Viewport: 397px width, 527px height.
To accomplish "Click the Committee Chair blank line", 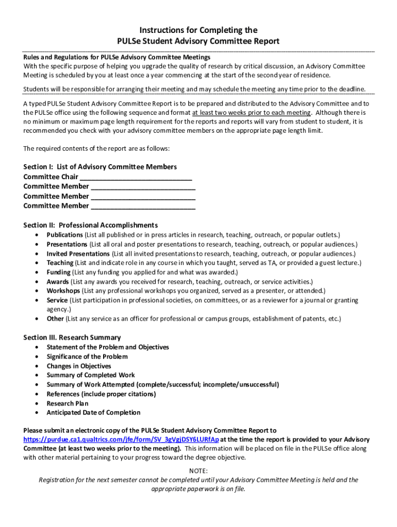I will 136,177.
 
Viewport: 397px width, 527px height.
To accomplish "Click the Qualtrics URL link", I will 121,440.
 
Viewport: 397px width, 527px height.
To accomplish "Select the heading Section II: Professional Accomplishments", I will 90,225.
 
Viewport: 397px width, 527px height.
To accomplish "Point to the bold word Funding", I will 58,272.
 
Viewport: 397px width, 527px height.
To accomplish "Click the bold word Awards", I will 57,282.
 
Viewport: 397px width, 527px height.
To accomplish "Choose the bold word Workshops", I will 62,291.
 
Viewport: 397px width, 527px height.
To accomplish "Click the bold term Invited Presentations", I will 78,254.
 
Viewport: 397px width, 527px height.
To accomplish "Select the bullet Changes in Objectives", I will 78,366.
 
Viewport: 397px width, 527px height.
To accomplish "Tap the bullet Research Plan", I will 67,403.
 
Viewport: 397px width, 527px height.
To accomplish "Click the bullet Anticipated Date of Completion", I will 93,413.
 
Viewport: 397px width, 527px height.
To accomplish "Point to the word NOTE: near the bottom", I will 198,471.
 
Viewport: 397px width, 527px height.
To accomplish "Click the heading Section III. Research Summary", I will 72,338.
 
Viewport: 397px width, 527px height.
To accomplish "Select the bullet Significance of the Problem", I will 87,357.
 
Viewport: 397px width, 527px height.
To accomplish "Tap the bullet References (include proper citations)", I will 101,394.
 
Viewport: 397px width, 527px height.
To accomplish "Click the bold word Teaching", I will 60,263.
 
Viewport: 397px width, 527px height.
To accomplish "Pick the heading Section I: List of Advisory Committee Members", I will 100,167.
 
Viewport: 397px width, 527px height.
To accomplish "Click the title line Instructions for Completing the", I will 198,30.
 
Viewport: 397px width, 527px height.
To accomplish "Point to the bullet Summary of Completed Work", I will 91,375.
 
